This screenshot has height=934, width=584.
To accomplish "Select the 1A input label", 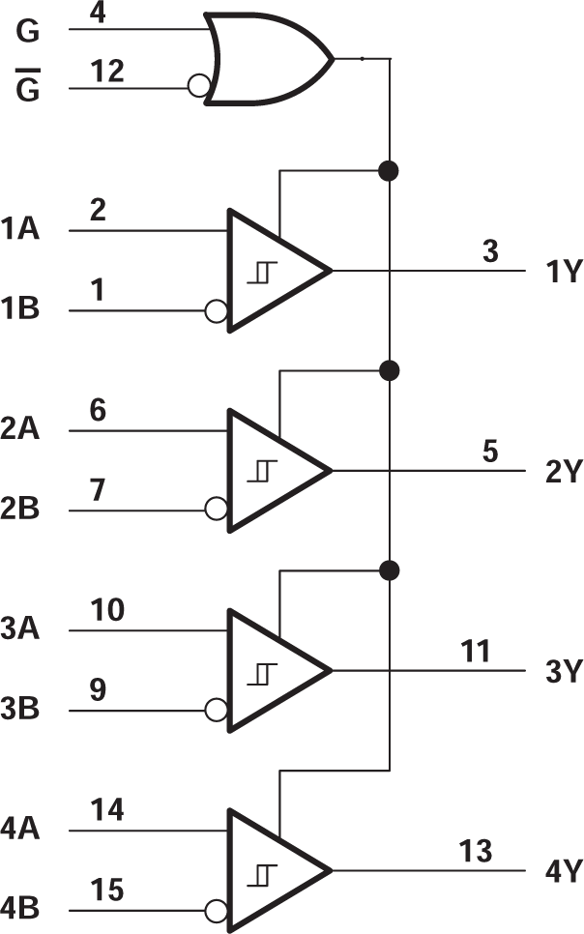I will click(x=20, y=231).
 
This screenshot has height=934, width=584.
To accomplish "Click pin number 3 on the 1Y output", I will click(x=490, y=251).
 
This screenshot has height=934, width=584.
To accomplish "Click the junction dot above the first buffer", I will click(x=390, y=171).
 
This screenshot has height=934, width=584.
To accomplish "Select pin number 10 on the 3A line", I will click(x=108, y=611).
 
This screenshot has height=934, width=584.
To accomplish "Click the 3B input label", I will click(x=20, y=711).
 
